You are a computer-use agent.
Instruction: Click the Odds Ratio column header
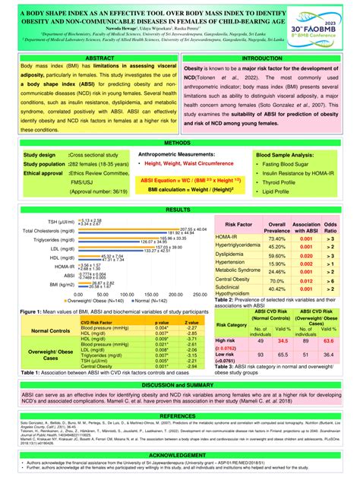(x=331, y=228)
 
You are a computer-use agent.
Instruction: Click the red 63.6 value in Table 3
(x=330, y=342)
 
